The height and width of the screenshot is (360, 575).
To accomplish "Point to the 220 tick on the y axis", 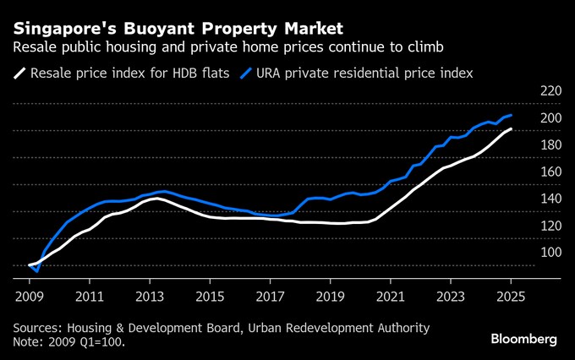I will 550,90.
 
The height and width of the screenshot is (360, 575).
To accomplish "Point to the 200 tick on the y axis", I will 550,117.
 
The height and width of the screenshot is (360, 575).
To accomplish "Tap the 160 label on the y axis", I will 550,172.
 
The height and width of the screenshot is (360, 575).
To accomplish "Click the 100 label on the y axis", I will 550,252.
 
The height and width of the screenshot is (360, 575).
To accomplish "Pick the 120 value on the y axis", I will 550,225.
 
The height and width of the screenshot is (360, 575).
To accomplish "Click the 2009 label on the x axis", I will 29,297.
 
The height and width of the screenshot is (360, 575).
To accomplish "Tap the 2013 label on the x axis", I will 150,297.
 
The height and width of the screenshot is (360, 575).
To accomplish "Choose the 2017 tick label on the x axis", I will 271,297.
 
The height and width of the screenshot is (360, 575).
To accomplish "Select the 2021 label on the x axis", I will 391,297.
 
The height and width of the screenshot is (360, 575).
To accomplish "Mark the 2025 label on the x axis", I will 511,297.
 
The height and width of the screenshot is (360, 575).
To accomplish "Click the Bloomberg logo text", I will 524,339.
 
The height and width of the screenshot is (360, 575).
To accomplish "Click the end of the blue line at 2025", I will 511,115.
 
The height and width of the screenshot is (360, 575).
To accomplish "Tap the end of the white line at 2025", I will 511,128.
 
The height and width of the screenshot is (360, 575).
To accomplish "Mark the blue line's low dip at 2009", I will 37,271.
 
